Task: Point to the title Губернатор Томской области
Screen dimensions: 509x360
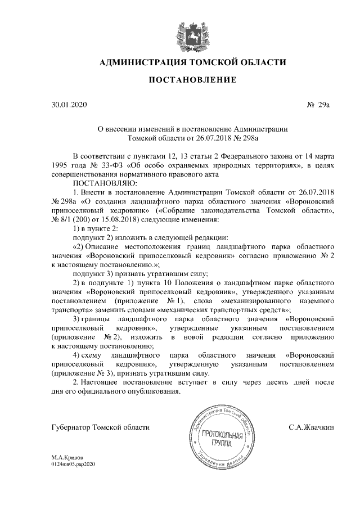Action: click(100, 427)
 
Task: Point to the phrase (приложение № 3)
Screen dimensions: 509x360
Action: click(82, 373)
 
